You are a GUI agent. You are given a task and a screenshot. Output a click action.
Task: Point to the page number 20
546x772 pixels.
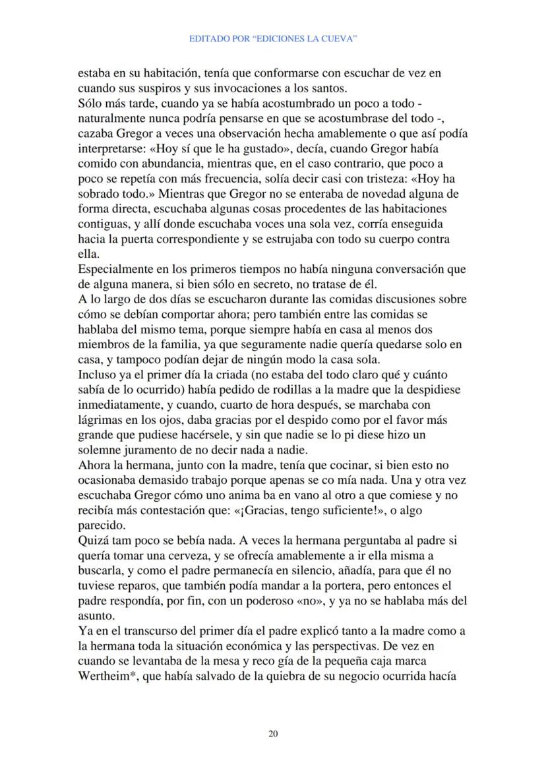[273, 733]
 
